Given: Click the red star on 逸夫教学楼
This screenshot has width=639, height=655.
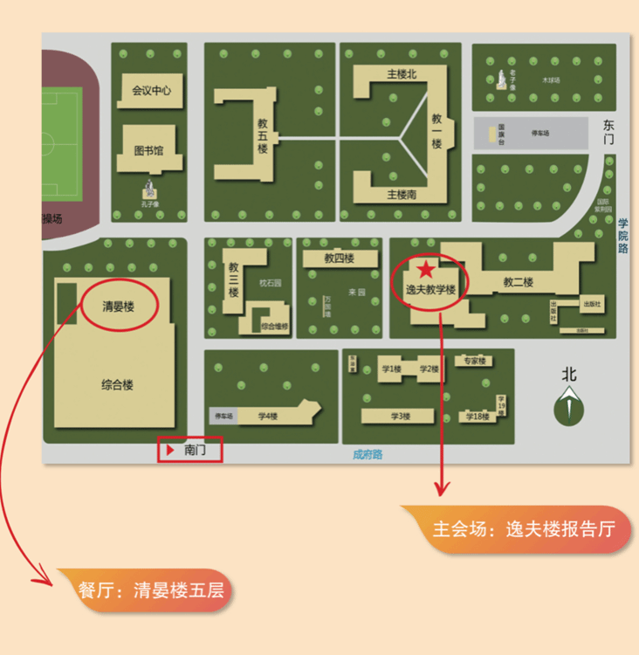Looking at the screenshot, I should click(x=425, y=270).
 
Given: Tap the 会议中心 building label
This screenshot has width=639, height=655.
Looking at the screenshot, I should click(x=151, y=90).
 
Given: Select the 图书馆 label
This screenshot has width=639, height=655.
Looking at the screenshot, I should click(x=148, y=150).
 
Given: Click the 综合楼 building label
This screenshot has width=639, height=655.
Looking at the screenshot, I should click(x=117, y=384).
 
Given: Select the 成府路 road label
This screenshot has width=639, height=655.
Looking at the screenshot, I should click(x=368, y=454).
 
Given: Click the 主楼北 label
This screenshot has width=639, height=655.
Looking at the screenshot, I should click(x=402, y=74).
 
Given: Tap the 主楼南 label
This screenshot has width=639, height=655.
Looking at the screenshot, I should click(x=402, y=194).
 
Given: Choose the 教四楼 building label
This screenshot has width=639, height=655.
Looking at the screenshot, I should click(x=339, y=259).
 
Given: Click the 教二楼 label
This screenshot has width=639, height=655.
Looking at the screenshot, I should click(x=518, y=282).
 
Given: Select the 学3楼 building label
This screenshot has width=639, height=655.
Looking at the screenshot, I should click(x=401, y=417).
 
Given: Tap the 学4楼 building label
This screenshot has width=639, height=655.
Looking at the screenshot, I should click(x=268, y=417).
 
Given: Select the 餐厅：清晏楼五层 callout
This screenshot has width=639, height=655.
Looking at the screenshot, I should click(x=150, y=589).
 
